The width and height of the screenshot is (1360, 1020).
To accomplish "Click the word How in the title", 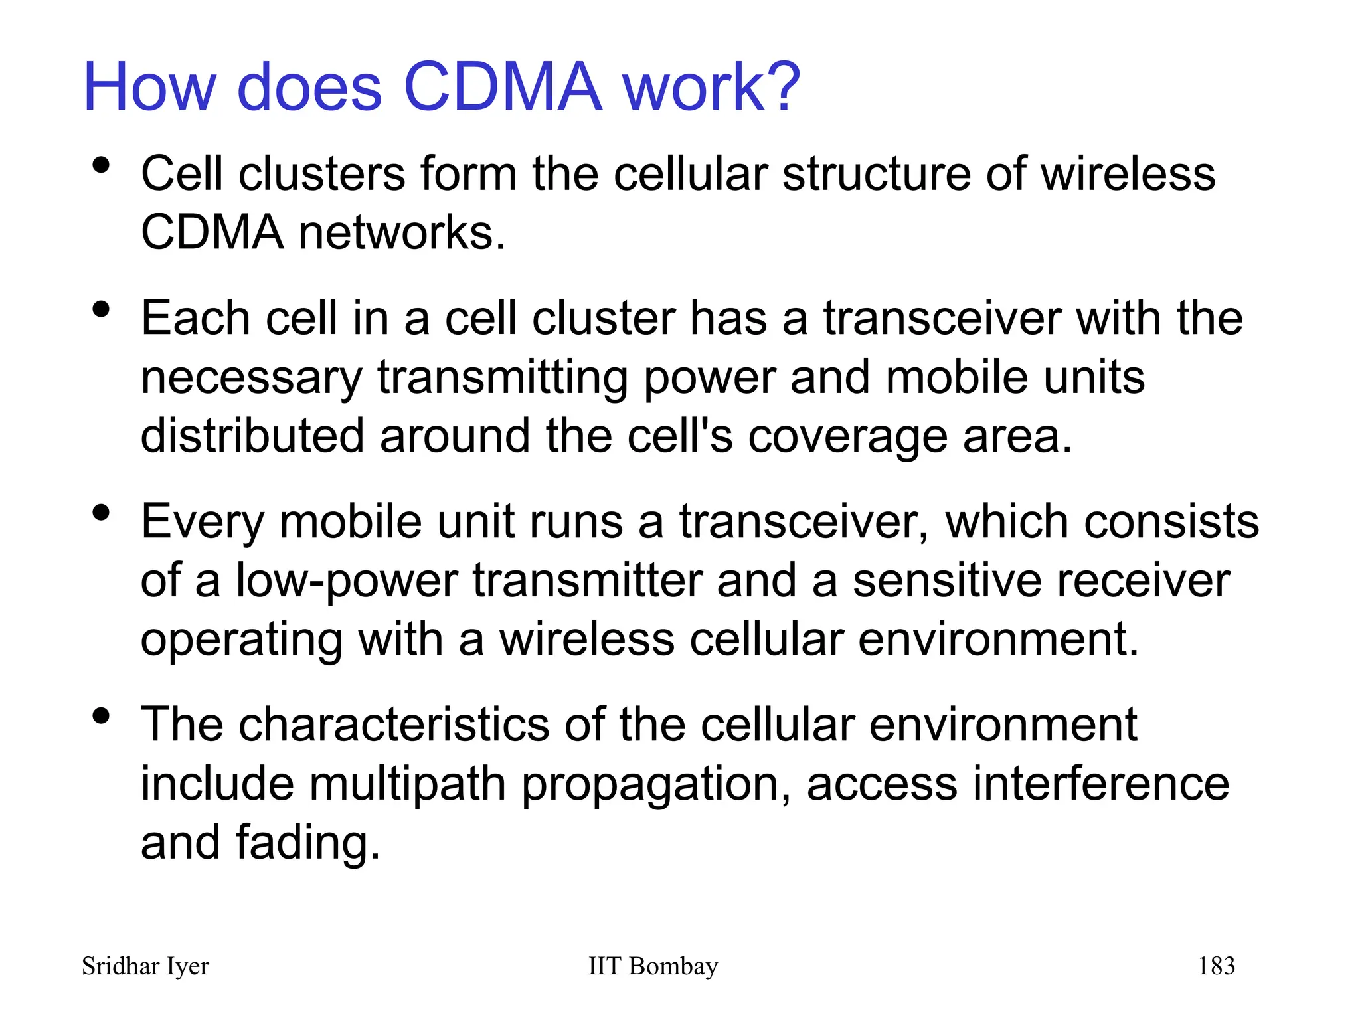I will [x=150, y=88].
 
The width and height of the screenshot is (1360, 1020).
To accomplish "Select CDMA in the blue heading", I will [x=503, y=88].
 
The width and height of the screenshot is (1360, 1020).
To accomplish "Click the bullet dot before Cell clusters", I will [x=101, y=165].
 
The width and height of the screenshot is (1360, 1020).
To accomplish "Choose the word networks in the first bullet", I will [x=401, y=233].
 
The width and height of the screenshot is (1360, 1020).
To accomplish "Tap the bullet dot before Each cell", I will [x=101, y=309].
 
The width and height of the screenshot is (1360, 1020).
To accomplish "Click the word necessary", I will [x=252, y=378].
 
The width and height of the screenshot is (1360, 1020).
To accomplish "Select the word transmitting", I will [x=503, y=378].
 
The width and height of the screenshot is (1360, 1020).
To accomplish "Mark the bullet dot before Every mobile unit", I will [x=101, y=513].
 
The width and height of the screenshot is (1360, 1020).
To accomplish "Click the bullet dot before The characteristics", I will [x=101, y=716].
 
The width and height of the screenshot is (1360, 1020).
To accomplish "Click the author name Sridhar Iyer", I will [x=145, y=966].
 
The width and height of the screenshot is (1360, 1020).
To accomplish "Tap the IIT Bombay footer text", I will [x=653, y=966].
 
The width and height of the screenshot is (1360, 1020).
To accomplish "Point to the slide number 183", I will [x=1216, y=966].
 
